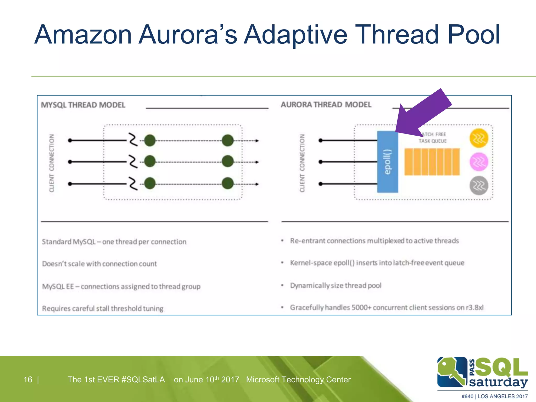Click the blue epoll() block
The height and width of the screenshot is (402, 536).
tap(387, 162)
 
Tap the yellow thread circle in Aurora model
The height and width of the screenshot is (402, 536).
tap(479, 138)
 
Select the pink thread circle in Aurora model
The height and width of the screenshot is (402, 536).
tap(479, 162)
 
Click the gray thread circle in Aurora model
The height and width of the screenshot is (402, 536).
tap(479, 186)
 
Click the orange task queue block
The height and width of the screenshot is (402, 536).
tap(432, 162)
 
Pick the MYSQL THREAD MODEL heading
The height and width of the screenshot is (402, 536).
tap(83, 105)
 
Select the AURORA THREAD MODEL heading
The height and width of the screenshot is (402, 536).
tap(326, 105)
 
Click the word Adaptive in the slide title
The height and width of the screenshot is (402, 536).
tap(295, 35)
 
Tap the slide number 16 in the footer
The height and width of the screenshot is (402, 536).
tap(28, 379)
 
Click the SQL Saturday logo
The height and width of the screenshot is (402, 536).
tap(482, 372)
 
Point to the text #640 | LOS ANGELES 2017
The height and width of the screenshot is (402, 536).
tap(494, 396)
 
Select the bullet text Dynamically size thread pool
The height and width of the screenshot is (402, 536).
tap(336, 285)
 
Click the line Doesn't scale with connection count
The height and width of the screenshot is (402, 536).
tap(99, 264)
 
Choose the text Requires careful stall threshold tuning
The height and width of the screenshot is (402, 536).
tap(103, 308)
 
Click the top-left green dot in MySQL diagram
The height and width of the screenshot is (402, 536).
tap(150, 141)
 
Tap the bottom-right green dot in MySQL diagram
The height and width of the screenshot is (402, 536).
tap(227, 183)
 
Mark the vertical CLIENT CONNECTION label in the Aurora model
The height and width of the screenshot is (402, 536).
tap(302, 163)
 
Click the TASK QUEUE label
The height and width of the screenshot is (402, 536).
tap(432, 141)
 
